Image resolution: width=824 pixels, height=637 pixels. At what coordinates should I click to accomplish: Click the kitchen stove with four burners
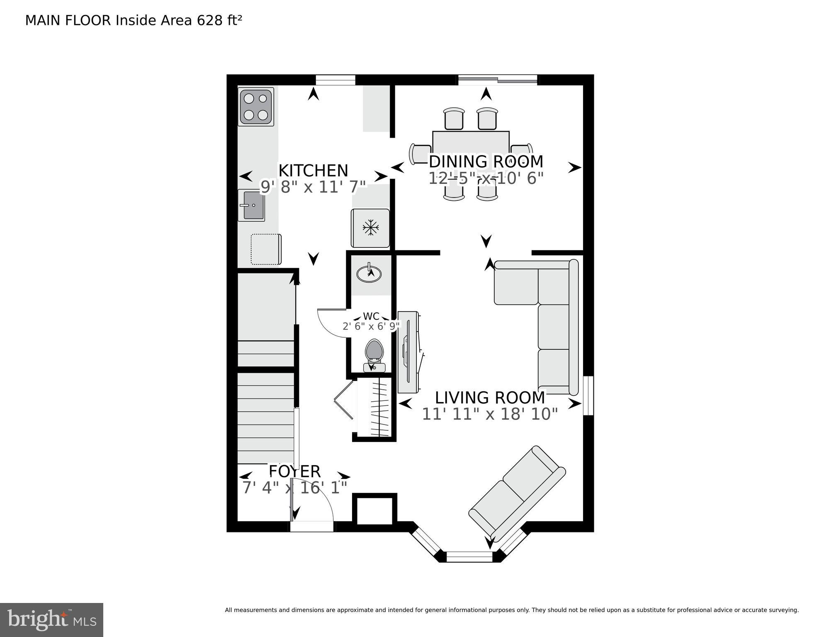coord(255,107)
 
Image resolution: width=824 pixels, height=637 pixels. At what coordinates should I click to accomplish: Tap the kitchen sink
coord(251,205)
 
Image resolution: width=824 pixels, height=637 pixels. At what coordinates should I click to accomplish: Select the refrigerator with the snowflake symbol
coord(370,228)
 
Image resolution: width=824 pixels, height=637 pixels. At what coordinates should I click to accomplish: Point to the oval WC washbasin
coord(369,273)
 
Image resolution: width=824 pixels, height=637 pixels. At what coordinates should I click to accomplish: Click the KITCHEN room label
coord(313,171)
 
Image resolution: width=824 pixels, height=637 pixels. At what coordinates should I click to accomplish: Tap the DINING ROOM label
coord(486,161)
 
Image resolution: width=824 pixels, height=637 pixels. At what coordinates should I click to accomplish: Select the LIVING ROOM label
coord(489,398)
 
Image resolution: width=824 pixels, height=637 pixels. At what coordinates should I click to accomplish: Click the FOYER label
coord(294,471)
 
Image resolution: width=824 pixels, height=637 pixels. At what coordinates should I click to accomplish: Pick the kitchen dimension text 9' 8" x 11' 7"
coord(313,187)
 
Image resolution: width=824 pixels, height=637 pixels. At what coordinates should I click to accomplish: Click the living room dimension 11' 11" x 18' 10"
coord(489,414)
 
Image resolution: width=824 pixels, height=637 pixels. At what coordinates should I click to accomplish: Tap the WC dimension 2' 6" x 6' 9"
coord(371,326)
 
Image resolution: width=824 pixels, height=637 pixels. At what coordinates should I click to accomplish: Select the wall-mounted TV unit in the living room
coord(409,352)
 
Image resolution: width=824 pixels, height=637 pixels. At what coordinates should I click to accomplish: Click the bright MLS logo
coord(51,620)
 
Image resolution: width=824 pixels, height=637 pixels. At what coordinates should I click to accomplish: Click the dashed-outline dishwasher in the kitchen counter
coord(266,249)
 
